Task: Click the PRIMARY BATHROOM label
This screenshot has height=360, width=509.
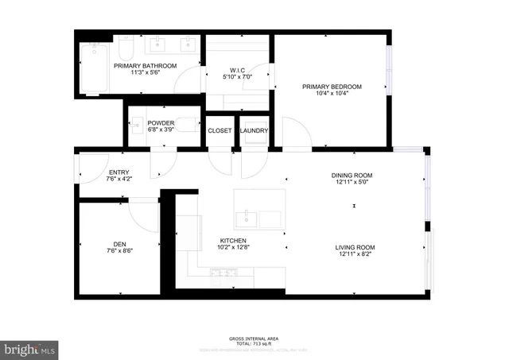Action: click(145, 66)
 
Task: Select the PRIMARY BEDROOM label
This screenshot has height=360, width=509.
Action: click(332, 87)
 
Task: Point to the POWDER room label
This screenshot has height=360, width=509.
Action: click(161, 123)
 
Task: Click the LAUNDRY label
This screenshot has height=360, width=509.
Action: click(254, 131)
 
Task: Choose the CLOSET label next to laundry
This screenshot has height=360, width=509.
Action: click(220, 131)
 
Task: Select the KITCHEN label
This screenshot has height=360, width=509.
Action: click(233, 241)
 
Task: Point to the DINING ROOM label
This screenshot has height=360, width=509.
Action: click(352, 176)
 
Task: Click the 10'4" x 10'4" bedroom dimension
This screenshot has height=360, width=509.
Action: click(332, 95)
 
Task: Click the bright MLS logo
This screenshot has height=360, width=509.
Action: click(29, 349)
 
